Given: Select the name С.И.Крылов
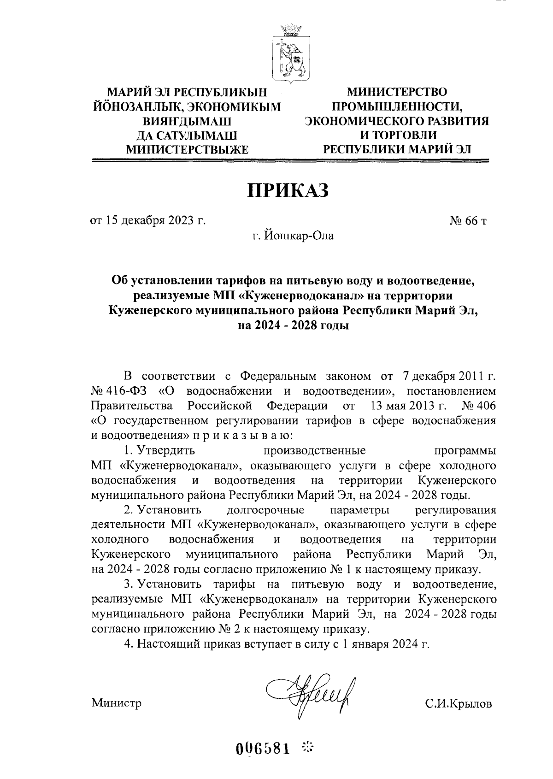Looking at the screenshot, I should point(458,704).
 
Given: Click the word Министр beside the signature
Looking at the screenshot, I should point(117,703).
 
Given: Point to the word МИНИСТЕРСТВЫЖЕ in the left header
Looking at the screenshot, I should point(188,149).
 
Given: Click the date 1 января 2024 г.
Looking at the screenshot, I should point(384,644).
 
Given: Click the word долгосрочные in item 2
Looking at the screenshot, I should point(265,510).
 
